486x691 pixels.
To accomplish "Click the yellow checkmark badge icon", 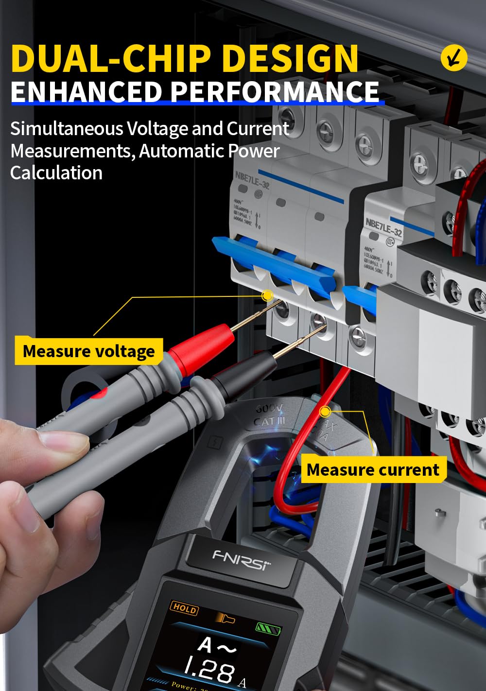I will (x=453, y=58).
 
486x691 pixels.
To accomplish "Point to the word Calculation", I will (x=56, y=173).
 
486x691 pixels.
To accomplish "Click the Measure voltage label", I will (x=88, y=351).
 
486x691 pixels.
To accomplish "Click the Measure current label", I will (x=373, y=470).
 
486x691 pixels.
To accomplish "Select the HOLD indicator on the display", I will (x=185, y=608).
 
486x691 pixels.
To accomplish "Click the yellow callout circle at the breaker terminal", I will (x=267, y=295).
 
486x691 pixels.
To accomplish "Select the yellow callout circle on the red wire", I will (x=325, y=412).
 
